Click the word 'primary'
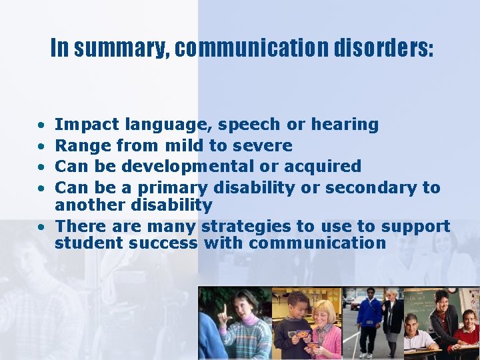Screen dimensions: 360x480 click(173, 188)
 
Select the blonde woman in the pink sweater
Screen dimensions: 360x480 click(325, 327)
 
